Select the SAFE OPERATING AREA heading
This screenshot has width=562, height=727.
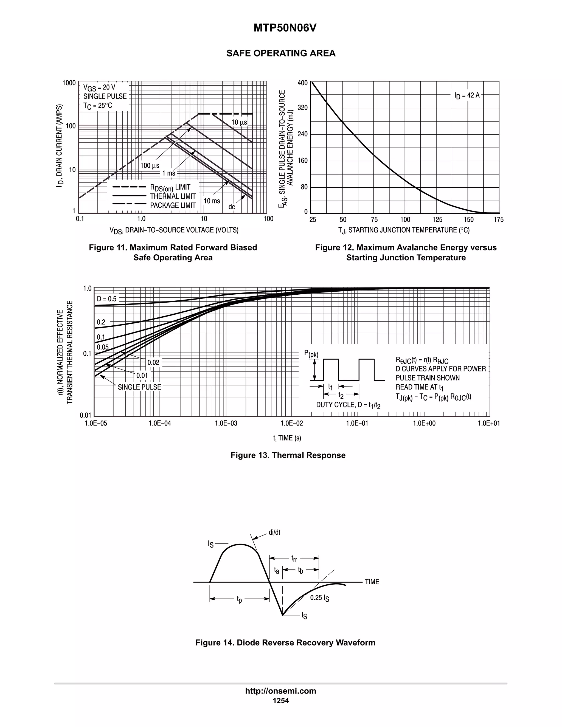[281, 53]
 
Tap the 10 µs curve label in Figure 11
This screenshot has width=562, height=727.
[239, 123]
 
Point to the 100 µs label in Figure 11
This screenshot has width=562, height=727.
[150, 166]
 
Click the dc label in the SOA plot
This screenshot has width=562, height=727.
[231, 207]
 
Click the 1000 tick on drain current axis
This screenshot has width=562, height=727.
[69, 83]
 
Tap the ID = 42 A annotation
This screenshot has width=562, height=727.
[467, 95]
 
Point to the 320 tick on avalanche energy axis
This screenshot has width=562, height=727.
[302, 108]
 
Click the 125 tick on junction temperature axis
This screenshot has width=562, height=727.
[437, 220]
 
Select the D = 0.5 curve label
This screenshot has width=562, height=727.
[106, 299]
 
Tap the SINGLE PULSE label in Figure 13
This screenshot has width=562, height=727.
[139, 387]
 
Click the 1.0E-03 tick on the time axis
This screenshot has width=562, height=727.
[226, 423]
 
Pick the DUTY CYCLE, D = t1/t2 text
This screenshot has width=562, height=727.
[348, 405]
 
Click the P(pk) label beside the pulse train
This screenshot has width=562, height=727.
[311, 354]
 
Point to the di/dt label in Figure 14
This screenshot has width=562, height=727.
[274, 532]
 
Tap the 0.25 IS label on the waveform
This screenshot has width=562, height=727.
[320, 598]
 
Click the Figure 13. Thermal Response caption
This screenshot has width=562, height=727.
[288, 455]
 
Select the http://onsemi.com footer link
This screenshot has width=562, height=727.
[281, 691]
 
